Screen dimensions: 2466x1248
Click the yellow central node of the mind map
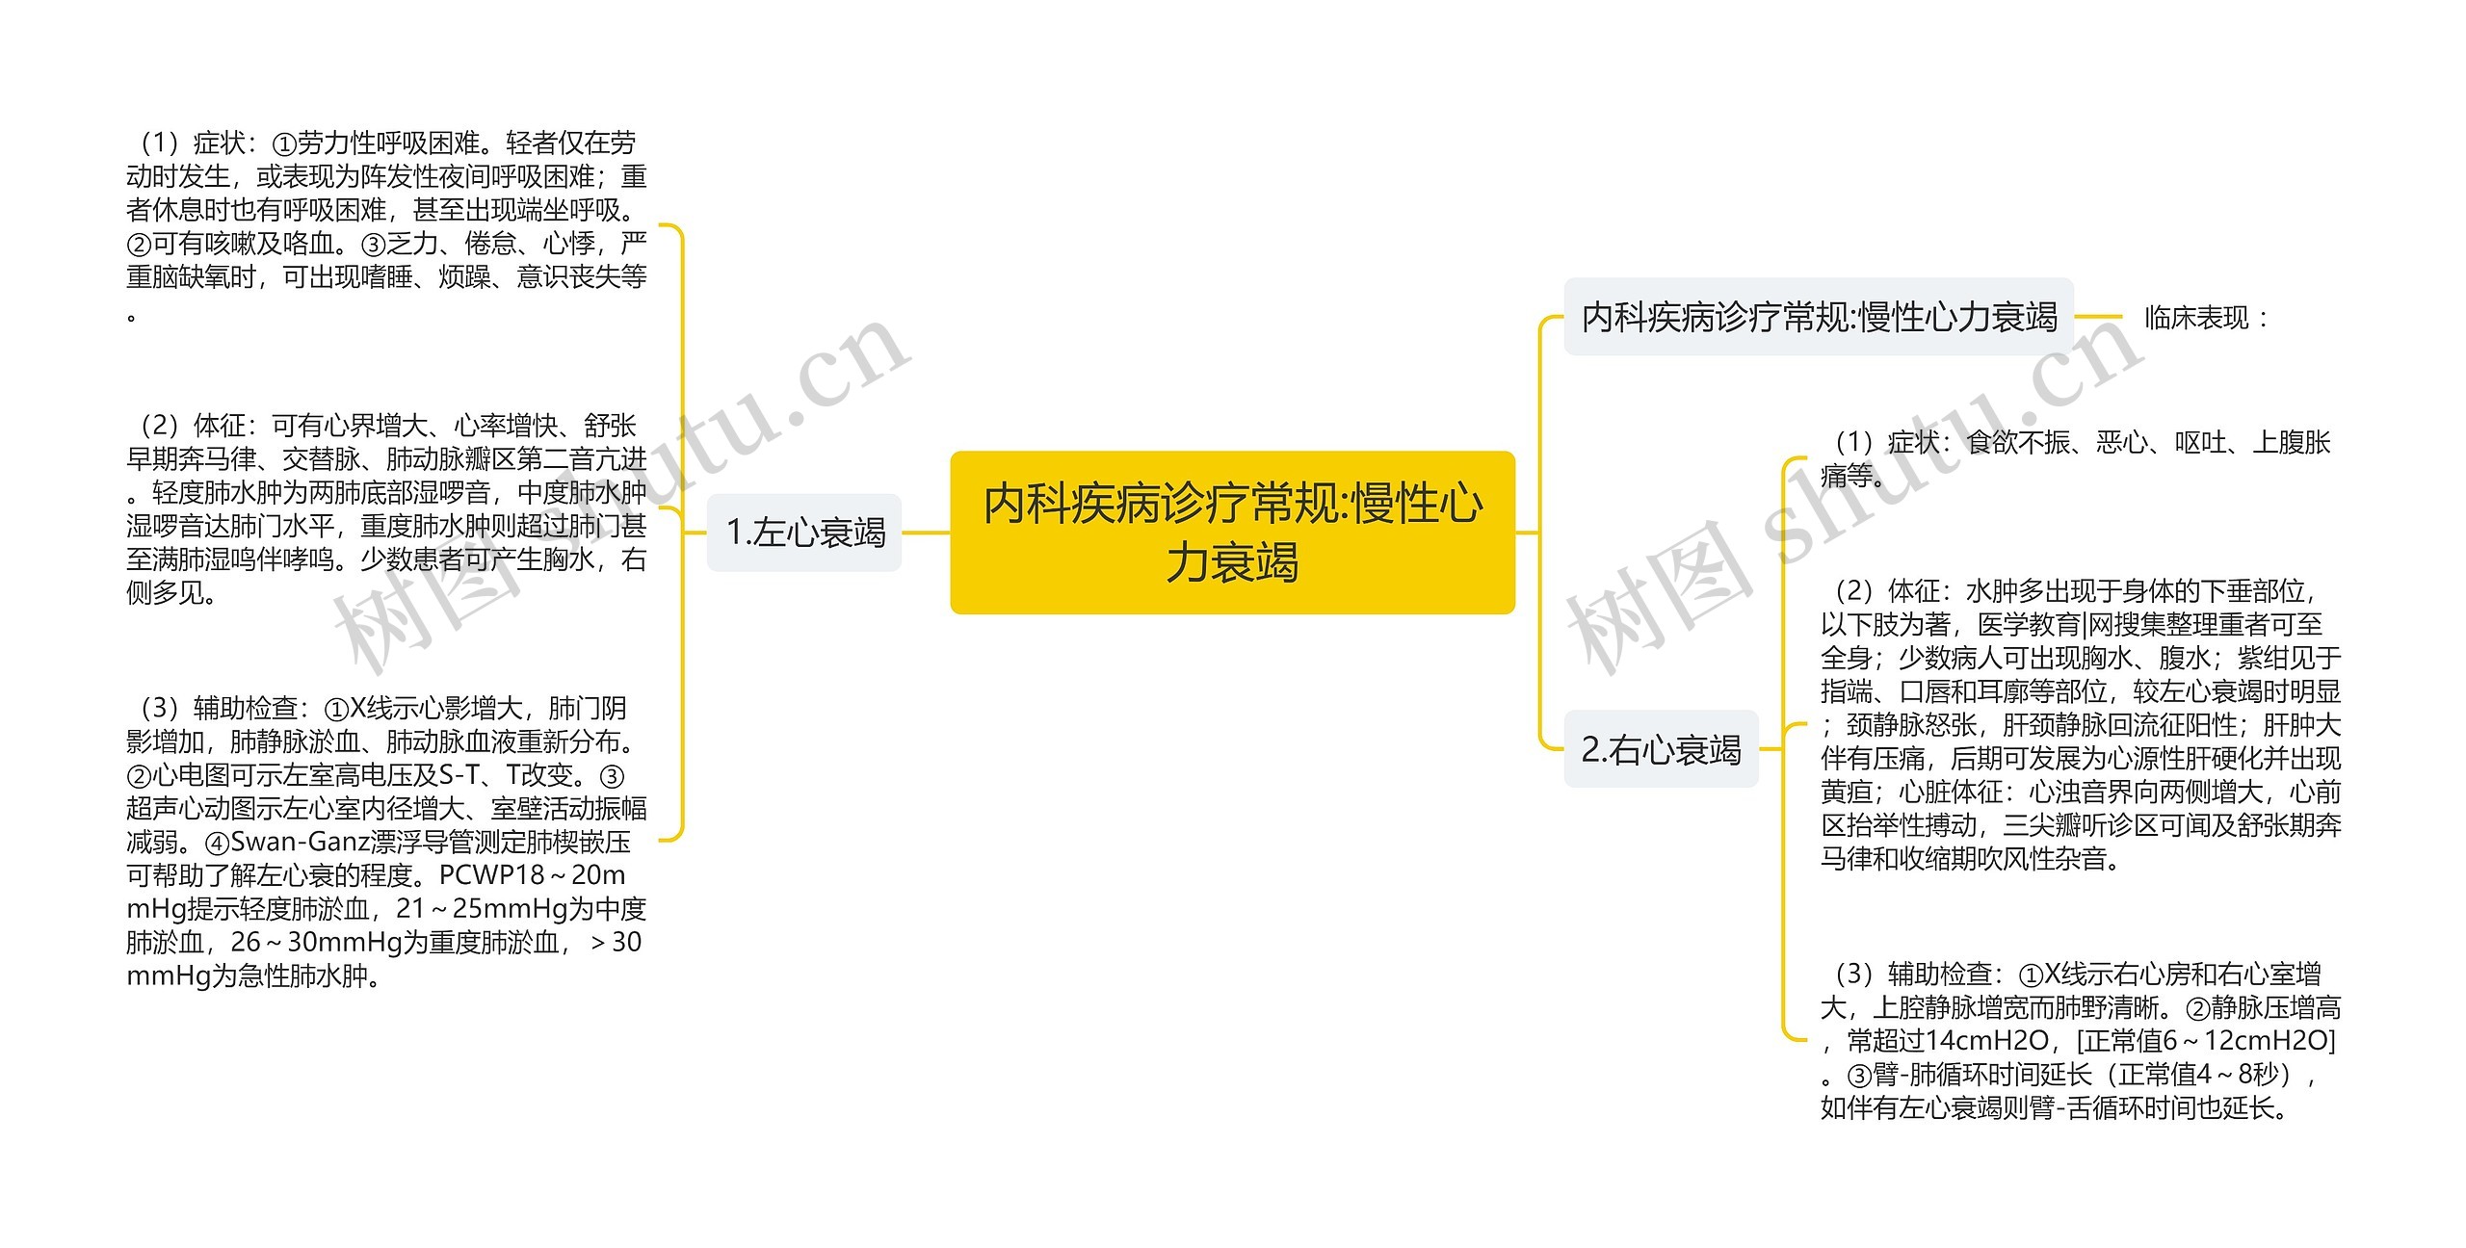tap(1232, 532)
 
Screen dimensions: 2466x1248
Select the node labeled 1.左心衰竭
tap(804, 533)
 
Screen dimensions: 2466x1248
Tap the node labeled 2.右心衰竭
tap(1661, 749)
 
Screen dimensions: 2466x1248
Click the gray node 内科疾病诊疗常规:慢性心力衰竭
tap(1818, 317)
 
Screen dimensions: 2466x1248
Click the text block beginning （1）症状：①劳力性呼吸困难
tap(385, 226)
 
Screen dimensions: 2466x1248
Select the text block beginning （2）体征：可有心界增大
tap(385, 508)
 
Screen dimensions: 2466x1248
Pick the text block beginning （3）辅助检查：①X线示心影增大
tap(385, 842)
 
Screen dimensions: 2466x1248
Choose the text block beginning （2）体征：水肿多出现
tap(2081, 724)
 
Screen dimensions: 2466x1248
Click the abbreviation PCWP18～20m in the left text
tap(532, 875)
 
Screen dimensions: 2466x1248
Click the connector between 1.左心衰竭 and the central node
tap(926, 533)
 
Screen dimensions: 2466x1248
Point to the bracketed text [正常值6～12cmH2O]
tap(2206, 1041)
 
